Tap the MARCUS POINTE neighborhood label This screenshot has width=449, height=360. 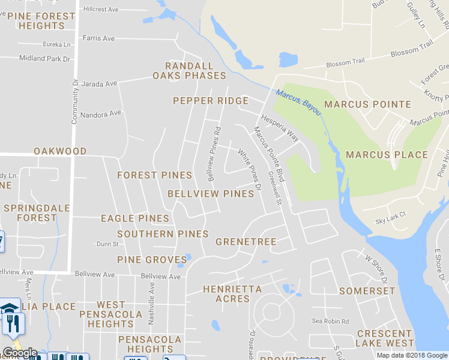click(x=367, y=104)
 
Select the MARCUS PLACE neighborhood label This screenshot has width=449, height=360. click(x=387, y=155)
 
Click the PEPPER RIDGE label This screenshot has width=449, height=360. click(x=211, y=101)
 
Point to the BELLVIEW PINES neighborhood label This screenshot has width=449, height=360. click(x=211, y=194)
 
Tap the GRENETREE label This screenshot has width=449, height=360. click(x=246, y=242)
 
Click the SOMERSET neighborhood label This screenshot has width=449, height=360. click(x=367, y=291)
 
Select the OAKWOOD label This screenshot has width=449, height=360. click(x=60, y=151)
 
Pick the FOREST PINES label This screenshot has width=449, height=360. click(x=154, y=175)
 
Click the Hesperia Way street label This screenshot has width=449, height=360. click(x=280, y=127)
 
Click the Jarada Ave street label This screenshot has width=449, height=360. click(x=99, y=83)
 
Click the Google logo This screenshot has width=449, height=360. click(x=20, y=353)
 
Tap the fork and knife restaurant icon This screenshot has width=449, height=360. click(x=13, y=323)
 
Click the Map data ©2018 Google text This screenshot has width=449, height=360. click(x=412, y=355)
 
